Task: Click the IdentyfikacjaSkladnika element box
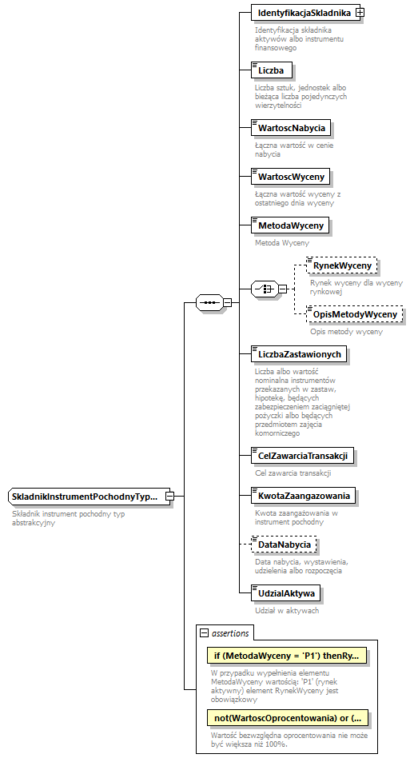point(304,13)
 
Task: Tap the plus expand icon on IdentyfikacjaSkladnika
point(360,13)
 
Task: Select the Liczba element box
point(271,70)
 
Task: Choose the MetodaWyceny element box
point(290,226)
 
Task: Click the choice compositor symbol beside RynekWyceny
point(263,289)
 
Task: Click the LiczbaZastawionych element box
point(300,353)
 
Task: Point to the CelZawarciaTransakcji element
point(302,456)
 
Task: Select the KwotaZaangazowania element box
point(303,496)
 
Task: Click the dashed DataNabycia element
point(283,545)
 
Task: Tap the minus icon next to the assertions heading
point(204,632)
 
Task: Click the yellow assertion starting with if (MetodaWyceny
point(286,656)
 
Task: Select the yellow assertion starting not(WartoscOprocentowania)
point(286,717)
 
